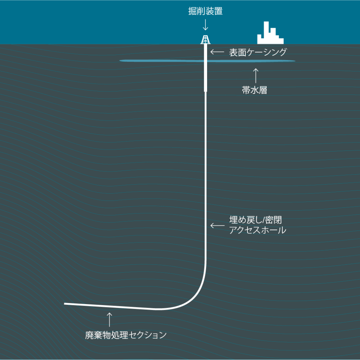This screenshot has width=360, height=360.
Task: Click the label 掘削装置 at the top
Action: (x=205, y=11)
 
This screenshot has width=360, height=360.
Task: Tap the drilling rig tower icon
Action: (x=205, y=39)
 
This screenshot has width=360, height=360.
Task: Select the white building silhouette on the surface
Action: (x=270, y=33)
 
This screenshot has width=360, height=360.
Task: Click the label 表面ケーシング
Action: (x=258, y=52)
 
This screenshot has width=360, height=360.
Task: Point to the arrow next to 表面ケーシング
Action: (x=217, y=52)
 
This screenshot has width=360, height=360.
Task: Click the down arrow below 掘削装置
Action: (x=205, y=25)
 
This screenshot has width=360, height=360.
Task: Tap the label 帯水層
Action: (x=255, y=90)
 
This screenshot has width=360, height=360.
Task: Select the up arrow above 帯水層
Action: (x=256, y=76)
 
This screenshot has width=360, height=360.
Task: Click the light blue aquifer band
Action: (x=207, y=61)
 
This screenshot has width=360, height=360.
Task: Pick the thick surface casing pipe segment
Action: (x=205, y=68)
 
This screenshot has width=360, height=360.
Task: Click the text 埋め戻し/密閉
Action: (x=255, y=220)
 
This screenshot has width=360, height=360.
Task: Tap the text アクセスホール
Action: (x=258, y=230)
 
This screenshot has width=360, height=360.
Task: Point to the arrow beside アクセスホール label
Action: (x=217, y=225)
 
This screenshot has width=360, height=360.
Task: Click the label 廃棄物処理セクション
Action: (x=126, y=335)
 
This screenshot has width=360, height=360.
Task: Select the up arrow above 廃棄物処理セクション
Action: (x=110, y=320)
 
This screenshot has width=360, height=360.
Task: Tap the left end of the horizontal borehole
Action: (x=65, y=304)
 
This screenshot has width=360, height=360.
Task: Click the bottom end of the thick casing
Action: (x=205, y=92)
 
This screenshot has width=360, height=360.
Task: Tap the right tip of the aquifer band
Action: (x=295, y=61)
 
